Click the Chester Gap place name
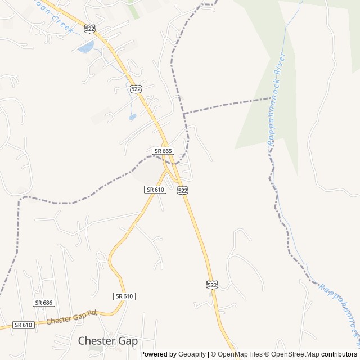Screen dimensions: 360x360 pos(107,340)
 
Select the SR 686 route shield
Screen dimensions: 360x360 pos(43,303)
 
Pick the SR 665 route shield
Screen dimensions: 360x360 pos(163,151)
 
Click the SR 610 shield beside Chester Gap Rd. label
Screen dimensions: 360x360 pos(24,325)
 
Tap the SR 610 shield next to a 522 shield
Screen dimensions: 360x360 pos(155,190)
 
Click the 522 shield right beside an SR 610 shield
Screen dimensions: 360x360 pos(182,190)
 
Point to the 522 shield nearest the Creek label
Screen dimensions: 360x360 pos(89,28)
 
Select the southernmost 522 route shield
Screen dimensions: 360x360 pos(211,285)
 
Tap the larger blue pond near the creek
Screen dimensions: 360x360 pos(86,47)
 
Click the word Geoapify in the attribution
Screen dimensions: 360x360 pos(192,354)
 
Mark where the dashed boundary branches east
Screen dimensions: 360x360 pos(184,114)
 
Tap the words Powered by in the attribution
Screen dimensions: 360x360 pos(158,354)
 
